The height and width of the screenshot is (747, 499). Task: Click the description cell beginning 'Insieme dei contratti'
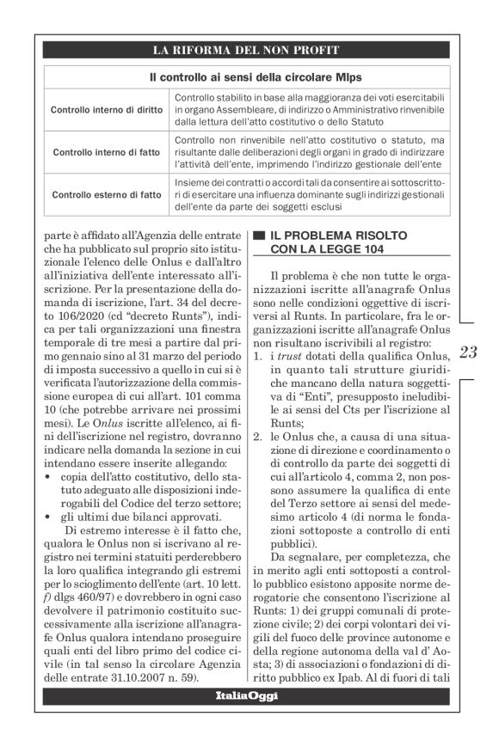[308, 194]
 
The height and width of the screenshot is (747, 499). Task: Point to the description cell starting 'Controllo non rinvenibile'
[308, 152]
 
